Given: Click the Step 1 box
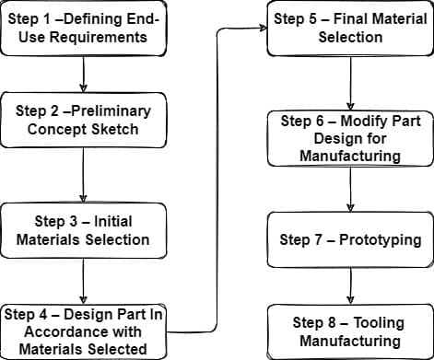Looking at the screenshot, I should click(83, 29).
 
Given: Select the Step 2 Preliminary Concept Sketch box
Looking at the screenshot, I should click(83, 119).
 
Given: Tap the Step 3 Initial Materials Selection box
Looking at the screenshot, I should click(83, 230).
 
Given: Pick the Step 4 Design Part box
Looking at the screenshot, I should click(83, 331).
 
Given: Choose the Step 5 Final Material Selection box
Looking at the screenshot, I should click(350, 29).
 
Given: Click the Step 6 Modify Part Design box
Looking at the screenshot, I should click(350, 138).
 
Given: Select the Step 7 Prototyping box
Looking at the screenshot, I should click(350, 239).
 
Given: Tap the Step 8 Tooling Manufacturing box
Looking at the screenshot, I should click(350, 331).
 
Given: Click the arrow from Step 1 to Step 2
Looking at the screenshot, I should click(83, 74).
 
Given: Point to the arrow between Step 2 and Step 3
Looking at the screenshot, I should click(83, 175).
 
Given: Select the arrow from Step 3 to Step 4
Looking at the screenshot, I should click(83, 280).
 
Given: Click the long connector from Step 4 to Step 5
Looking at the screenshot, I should click(217, 184).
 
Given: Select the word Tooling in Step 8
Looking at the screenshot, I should click(374, 322).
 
